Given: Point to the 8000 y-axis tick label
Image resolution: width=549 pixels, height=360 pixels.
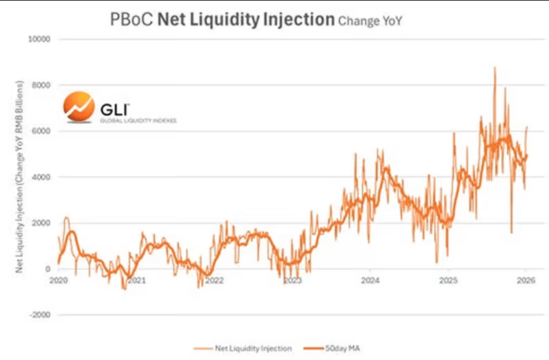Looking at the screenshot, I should (x=43, y=85).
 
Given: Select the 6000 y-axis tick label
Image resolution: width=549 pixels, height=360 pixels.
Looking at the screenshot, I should (x=43, y=131).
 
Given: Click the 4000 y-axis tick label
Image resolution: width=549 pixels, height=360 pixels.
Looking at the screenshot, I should (x=43, y=177).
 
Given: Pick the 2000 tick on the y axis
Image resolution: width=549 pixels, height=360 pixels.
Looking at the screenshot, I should (x=43, y=223).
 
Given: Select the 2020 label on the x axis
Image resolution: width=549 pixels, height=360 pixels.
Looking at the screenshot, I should (x=58, y=281).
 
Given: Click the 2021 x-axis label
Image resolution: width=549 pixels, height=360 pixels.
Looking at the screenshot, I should (x=137, y=281).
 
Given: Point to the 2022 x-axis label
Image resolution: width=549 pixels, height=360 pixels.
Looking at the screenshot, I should (x=214, y=281).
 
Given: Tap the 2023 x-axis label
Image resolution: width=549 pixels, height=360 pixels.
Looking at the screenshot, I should (x=293, y=281).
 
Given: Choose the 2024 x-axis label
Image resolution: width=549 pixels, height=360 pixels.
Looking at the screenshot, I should (x=370, y=281).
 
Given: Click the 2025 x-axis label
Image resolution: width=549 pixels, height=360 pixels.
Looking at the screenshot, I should (x=448, y=281).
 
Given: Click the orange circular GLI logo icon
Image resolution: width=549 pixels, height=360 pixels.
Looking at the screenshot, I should (x=78, y=106).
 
